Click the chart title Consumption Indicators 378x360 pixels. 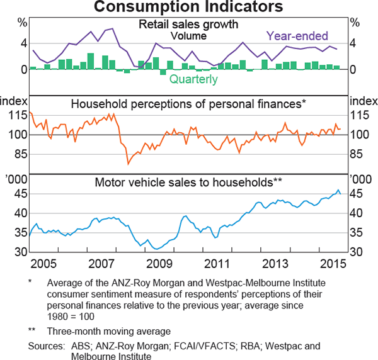[188, 8]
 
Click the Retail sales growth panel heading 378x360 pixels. [188, 25]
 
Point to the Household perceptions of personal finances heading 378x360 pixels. [188, 104]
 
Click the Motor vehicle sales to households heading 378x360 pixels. [188, 183]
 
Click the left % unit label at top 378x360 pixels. [22, 23]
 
